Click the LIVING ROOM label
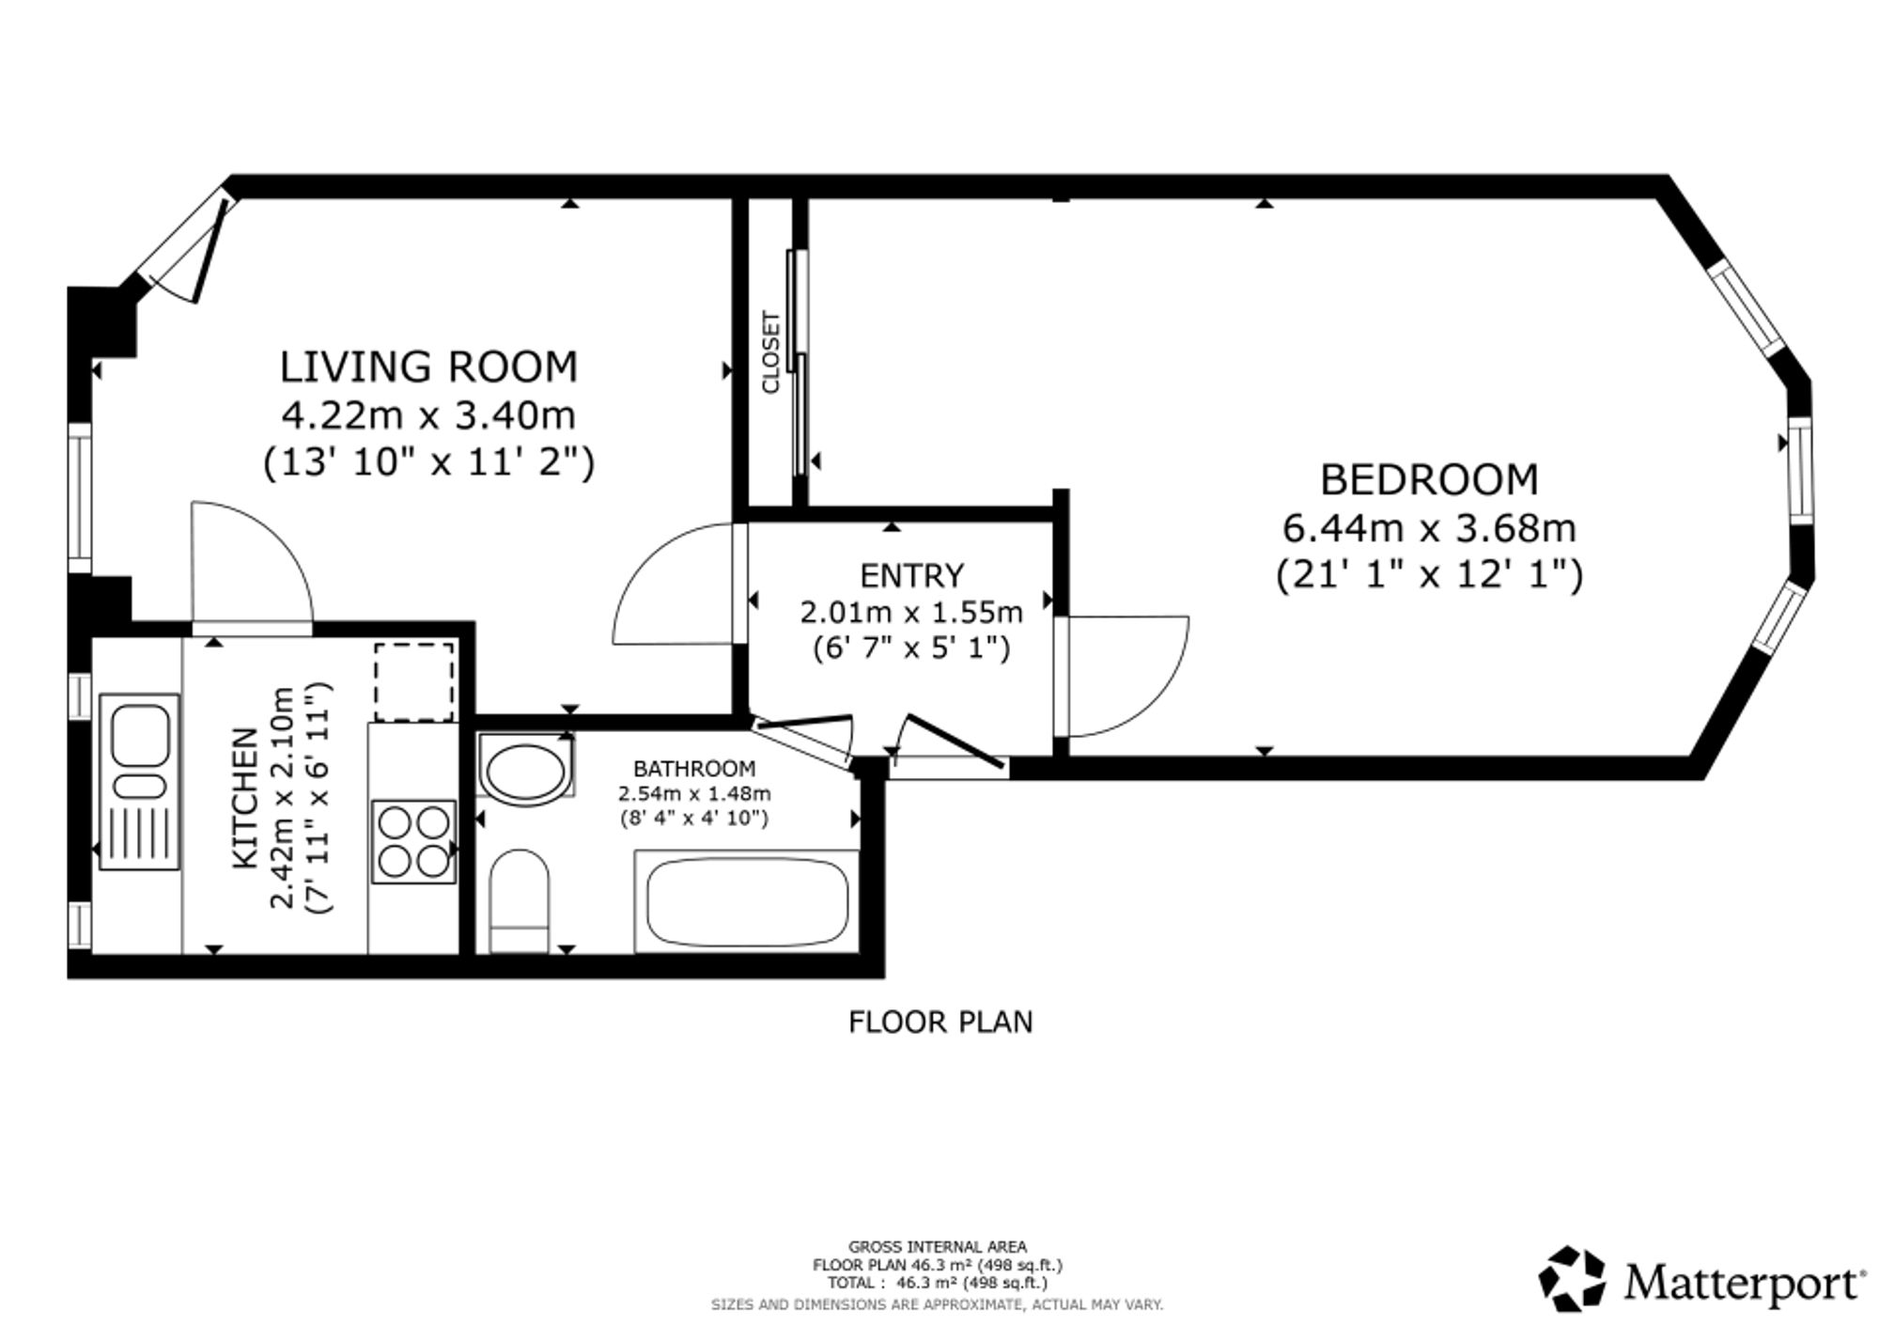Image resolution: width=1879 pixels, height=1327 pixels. (x=428, y=367)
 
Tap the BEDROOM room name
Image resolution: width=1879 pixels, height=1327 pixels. (x=1429, y=480)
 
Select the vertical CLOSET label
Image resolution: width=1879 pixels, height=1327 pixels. (x=771, y=352)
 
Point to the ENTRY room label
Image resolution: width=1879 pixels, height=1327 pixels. (x=911, y=575)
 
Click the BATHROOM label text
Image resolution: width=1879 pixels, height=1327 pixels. (x=694, y=769)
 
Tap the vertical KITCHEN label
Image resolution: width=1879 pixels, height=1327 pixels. (x=244, y=798)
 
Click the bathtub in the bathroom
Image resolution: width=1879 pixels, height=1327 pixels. (x=747, y=901)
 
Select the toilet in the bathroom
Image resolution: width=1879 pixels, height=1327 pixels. (x=520, y=901)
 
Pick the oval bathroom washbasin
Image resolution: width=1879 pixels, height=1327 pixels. (x=524, y=770)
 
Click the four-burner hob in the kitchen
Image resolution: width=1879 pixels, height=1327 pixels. (x=414, y=841)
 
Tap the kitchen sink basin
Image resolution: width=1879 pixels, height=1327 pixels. (x=140, y=734)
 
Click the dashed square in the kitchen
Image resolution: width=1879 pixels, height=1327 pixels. (x=414, y=681)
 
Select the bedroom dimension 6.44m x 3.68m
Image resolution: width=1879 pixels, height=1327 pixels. (x=1429, y=528)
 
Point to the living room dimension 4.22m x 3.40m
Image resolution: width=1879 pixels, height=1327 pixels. (x=428, y=414)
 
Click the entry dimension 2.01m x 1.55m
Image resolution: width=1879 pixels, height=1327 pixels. (x=911, y=613)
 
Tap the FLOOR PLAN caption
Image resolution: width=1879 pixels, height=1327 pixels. (x=940, y=1022)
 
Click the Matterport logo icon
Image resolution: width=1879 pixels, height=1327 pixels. (x=1572, y=1278)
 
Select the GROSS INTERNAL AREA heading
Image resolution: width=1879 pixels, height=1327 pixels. (x=938, y=1247)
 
